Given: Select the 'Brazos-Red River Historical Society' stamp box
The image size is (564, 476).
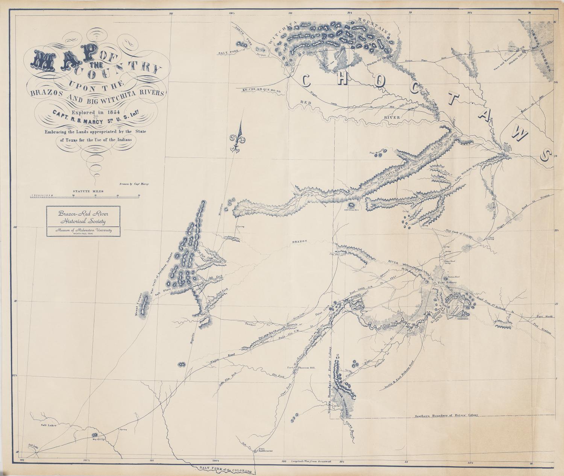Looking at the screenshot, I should pos(83,221).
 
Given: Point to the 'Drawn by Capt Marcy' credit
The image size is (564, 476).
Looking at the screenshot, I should pos(134,185).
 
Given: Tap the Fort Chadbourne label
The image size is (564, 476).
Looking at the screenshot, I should pos(264,450).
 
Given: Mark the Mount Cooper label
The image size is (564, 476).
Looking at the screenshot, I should pos(138,305).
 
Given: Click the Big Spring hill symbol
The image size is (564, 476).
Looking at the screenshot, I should pos(94,435).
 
